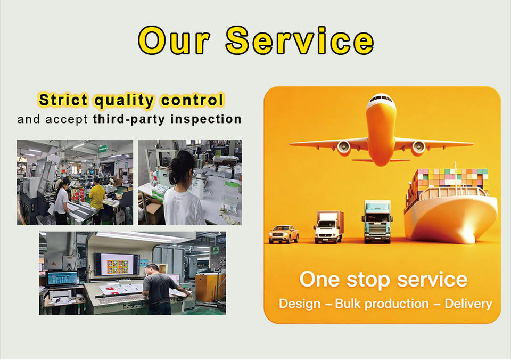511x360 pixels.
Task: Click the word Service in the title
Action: tap(300, 40)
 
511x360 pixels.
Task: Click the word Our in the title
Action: tap(174, 40)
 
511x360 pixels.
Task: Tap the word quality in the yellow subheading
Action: tap(124, 100)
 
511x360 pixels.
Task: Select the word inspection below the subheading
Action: tap(206, 119)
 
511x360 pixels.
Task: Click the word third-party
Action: tap(129, 119)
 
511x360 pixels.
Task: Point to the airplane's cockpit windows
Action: tap(381, 98)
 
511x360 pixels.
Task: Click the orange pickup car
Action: tap(284, 234)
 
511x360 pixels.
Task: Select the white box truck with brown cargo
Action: tap(328, 227)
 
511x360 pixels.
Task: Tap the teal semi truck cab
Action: tap(377, 222)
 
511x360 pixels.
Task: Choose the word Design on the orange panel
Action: tap(300, 304)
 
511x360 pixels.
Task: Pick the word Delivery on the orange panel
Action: tap(468, 304)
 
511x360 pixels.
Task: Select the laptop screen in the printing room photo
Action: tap(63, 278)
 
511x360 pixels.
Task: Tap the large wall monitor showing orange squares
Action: tap(117, 264)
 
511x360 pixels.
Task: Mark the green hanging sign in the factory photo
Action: tap(102, 149)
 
